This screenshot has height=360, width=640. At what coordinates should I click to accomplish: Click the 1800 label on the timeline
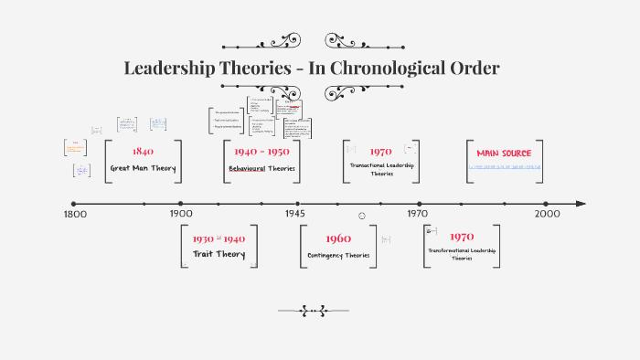coord(74,214)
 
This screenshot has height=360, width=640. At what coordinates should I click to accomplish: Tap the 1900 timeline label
coord(181,214)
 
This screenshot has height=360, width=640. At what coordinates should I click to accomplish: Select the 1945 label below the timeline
coord(294,214)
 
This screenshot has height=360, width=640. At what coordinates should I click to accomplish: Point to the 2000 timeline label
coord(547,214)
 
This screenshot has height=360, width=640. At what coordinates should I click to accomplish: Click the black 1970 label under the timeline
coord(418,214)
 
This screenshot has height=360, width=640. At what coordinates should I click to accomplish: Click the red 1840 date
coord(143,152)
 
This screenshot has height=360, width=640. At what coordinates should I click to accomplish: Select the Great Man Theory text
coord(143,168)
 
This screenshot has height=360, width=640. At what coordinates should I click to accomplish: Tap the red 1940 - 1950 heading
coord(261,152)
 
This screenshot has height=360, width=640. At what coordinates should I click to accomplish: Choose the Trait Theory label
coord(219,254)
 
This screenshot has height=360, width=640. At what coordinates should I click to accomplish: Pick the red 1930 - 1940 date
coord(219,238)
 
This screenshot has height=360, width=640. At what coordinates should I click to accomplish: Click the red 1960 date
coord(337,239)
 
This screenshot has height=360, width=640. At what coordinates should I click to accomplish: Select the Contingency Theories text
coord(338,255)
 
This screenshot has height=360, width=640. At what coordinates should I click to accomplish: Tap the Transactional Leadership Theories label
coord(382,169)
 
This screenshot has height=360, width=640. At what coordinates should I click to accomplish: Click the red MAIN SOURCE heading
coord(504,153)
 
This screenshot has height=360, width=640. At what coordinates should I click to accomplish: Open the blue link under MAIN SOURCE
coord(505,167)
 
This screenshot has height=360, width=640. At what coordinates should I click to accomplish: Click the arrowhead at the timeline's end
coord(581,204)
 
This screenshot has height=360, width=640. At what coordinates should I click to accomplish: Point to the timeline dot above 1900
coord(181,204)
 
